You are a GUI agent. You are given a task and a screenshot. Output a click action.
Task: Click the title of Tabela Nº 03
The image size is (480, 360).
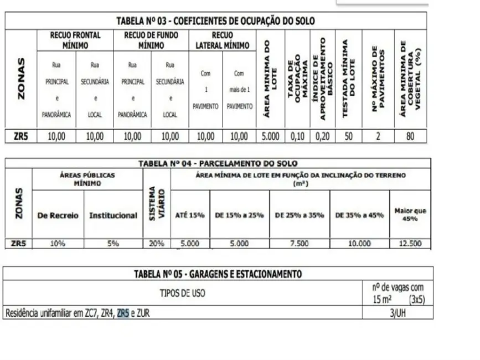(x=215, y=21)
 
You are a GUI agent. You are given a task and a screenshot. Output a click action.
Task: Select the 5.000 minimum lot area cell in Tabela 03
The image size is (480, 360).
(x=270, y=136)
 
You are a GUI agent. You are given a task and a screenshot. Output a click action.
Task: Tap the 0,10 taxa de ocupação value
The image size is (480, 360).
(x=297, y=136)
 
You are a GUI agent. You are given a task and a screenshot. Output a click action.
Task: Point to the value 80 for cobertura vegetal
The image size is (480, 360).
(x=410, y=136)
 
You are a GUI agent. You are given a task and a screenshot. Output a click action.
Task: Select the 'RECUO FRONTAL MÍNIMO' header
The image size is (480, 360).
(x=75, y=39)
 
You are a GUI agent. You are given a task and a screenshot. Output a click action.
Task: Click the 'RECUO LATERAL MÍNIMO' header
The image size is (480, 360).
(x=222, y=39)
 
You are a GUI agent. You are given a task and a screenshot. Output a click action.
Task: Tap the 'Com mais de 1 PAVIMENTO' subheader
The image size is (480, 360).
(x=239, y=89)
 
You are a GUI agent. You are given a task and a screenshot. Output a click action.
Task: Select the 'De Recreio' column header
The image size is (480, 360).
(x=58, y=215)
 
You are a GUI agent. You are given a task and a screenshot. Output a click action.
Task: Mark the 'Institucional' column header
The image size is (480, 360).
(x=113, y=215)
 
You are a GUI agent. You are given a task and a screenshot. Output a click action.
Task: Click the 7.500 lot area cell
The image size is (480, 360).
(x=299, y=243)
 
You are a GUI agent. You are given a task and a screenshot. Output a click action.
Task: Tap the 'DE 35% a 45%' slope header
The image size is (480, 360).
(x=359, y=215)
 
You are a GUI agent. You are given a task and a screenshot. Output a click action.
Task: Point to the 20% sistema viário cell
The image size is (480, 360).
(x=157, y=243)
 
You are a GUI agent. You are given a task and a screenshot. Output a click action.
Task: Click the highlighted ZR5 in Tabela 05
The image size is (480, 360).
(x=123, y=313)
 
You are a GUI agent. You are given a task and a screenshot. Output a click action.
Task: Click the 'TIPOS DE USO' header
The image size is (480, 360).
(x=183, y=294)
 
